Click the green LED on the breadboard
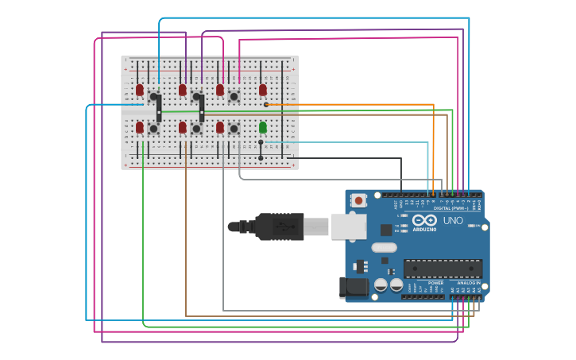point(263,127)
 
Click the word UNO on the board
point(453,220)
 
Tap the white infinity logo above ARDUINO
point(424,219)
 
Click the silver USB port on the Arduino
point(348,226)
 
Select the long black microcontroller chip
point(443,269)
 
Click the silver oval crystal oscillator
point(384,247)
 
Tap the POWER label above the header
point(435,282)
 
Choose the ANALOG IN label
point(466,282)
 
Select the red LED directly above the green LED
point(263,90)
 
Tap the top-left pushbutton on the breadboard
point(153,96)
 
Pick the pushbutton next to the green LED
point(234,128)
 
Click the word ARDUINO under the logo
point(424,229)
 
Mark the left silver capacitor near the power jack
point(381,284)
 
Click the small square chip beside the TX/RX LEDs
point(386,230)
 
